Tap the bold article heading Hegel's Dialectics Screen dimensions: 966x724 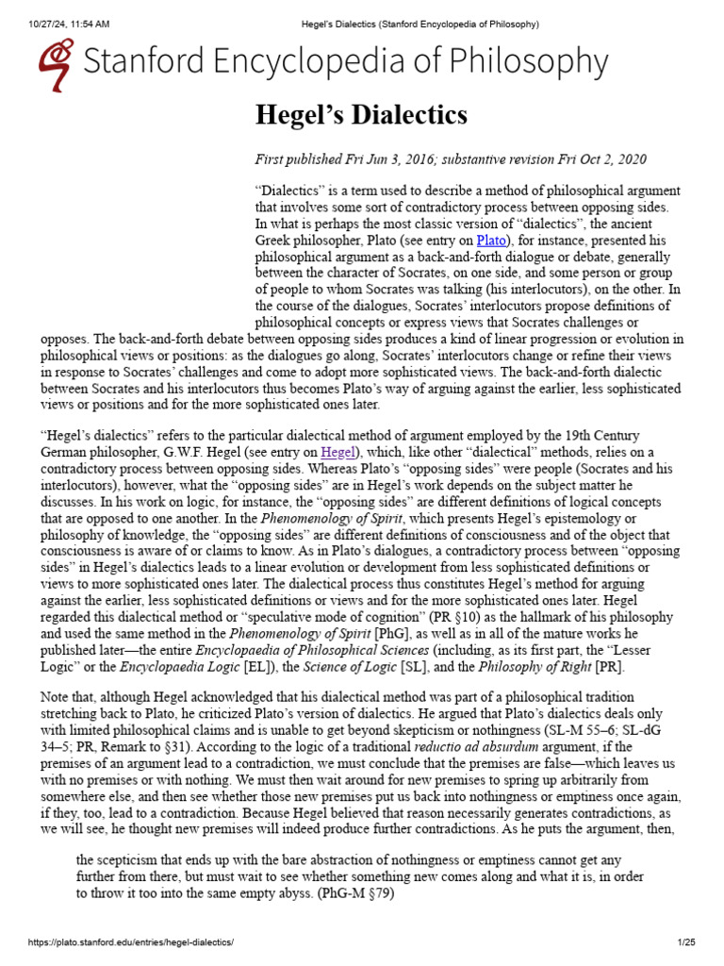361,116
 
